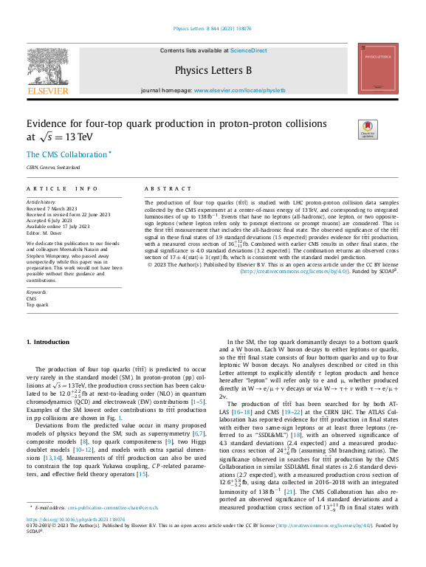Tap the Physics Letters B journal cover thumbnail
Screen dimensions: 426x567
tap(377, 69)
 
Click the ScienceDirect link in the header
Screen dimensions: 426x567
tap(248, 51)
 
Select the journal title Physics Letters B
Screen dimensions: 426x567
tap(213, 71)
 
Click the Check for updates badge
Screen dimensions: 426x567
tap(365, 128)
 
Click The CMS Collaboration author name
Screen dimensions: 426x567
tap(66, 154)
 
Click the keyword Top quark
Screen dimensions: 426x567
tap(38, 304)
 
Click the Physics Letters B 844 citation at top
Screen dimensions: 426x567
tap(212, 29)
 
